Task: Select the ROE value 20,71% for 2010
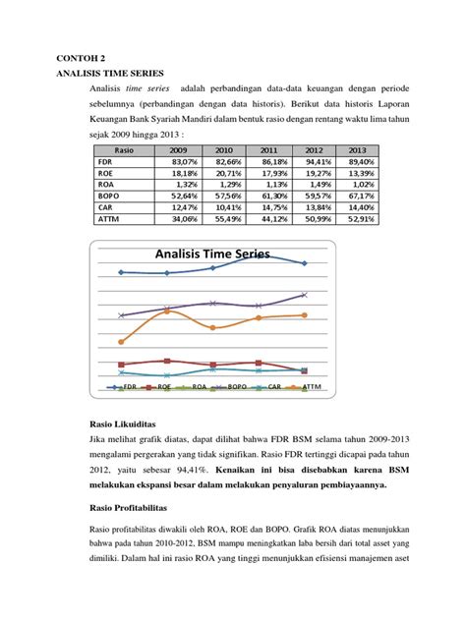click(x=222, y=172)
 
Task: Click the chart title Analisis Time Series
click(x=212, y=254)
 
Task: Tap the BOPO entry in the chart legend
click(x=226, y=387)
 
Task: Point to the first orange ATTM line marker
click(x=121, y=342)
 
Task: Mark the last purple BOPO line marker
click(x=305, y=294)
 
